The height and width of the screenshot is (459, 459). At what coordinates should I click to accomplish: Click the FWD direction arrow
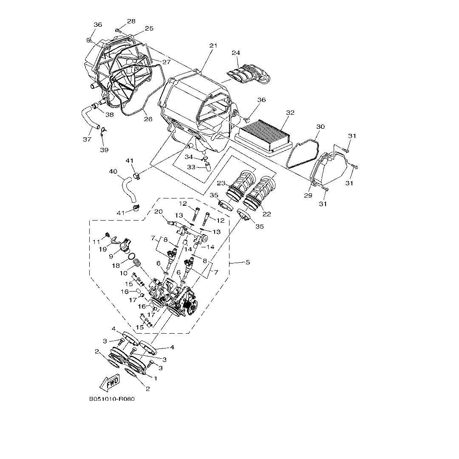(110, 381)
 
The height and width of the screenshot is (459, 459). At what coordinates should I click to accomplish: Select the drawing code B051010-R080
(112, 399)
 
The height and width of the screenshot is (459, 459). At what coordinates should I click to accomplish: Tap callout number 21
(213, 45)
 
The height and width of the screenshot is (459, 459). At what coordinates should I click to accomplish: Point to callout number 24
(236, 53)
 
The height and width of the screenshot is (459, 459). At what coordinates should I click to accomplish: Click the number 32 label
(290, 113)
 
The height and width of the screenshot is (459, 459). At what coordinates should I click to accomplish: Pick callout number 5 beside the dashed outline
(247, 262)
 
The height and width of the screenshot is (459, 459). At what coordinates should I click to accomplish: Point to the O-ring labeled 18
(133, 256)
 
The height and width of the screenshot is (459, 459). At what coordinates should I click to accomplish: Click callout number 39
(104, 150)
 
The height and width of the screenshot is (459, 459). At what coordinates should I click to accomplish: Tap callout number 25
(149, 28)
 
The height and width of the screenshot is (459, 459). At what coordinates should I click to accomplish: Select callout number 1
(156, 378)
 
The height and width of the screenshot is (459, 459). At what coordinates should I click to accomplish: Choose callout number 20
(159, 212)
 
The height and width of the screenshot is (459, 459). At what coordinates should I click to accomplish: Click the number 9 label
(110, 256)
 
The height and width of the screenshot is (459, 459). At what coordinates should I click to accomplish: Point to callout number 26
(147, 119)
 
